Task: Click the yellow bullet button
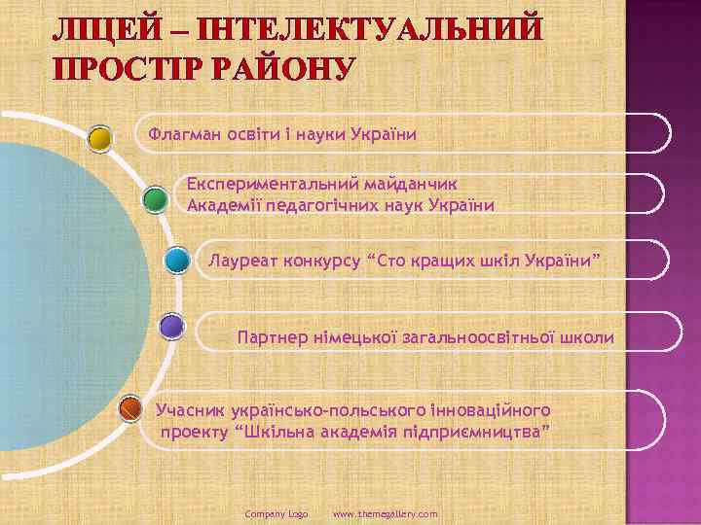tap(99, 138)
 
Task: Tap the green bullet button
tap(153, 200)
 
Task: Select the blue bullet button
tap(176, 261)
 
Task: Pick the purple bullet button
tap(171, 326)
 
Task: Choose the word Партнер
tap(271, 337)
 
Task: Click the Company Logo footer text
tap(277, 512)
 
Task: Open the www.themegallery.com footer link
tap(386, 512)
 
